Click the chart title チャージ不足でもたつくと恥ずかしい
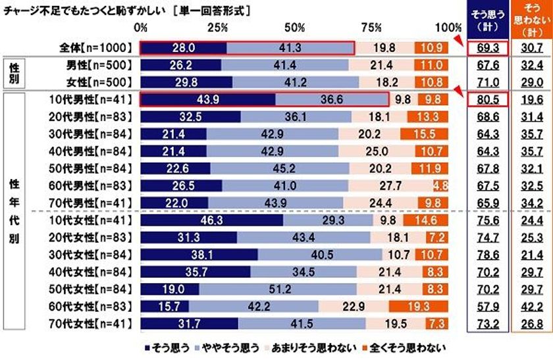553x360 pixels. [82, 11]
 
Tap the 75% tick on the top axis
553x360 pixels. [371, 28]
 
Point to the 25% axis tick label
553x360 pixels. [217, 28]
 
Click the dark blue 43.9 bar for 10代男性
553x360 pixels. [207, 100]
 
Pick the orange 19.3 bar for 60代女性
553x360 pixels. [418, 306]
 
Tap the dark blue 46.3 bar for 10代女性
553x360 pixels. [212, 220]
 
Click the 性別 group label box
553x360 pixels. [14, 73]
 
